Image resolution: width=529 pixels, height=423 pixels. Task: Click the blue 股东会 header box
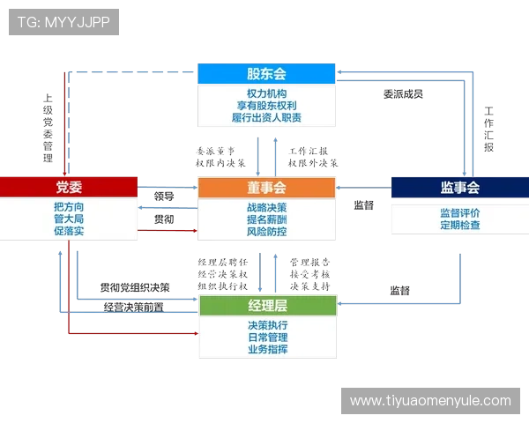click(x=266, y=74)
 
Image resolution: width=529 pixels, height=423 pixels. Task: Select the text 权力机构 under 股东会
click(x=266, y=93)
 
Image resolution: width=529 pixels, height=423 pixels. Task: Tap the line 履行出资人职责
click(x=266, y=118)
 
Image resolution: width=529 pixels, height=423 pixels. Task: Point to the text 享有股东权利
click(x=266, y=106)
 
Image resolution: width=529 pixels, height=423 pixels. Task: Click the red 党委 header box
click(x=69, y=187)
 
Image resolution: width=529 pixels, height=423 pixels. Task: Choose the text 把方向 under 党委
click(x=69, y=207)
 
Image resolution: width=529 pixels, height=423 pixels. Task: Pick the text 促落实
click(x=69, y=231)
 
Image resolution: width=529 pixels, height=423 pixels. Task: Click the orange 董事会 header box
click(x=267, y=188)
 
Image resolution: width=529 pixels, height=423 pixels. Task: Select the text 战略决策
click(x=267, y=207)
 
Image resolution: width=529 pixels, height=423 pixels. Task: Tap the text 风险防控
click(x=267, y=232)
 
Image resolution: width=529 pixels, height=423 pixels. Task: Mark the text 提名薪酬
click(x=267, y=219)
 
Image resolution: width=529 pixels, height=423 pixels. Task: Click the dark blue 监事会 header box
click(x=459, y=188)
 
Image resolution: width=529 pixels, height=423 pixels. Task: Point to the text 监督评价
click(x=459, y=212)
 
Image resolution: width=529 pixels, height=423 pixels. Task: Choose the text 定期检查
click(x=459, y=225)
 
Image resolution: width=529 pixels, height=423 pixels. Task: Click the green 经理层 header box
click(x=268, y=306)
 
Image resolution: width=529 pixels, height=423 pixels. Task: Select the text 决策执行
click(x=268, y=324)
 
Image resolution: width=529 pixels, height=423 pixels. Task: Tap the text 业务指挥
click(x=268, y=349)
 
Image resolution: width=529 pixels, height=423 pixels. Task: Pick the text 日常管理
click(x=268, y=337)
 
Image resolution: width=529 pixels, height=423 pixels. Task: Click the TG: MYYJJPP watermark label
click(x=63, y=22)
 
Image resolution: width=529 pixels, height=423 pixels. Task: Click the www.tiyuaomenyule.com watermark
click(x=430, y=401)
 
